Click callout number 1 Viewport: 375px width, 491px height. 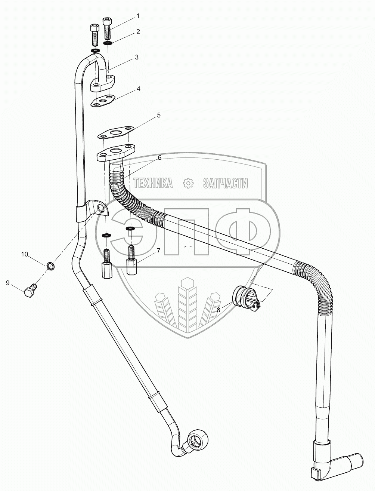tap(138, 16)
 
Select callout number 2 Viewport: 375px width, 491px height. tap(138, 32)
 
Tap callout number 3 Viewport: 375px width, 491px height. tap(137, 57)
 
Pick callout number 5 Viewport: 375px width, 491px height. tap(158, 115)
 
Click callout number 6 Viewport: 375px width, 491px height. tap(159, 158)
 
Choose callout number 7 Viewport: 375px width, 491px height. tap(158, 250)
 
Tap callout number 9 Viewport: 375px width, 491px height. tap(7, 283)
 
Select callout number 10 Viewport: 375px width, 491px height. tap(25, 254)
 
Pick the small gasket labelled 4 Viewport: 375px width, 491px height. tap(103, 101)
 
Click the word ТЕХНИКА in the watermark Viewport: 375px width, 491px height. tap(153, 183)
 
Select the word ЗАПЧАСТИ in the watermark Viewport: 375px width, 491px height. tap(225, 183)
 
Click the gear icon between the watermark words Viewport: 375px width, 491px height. tap(189, 183)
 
